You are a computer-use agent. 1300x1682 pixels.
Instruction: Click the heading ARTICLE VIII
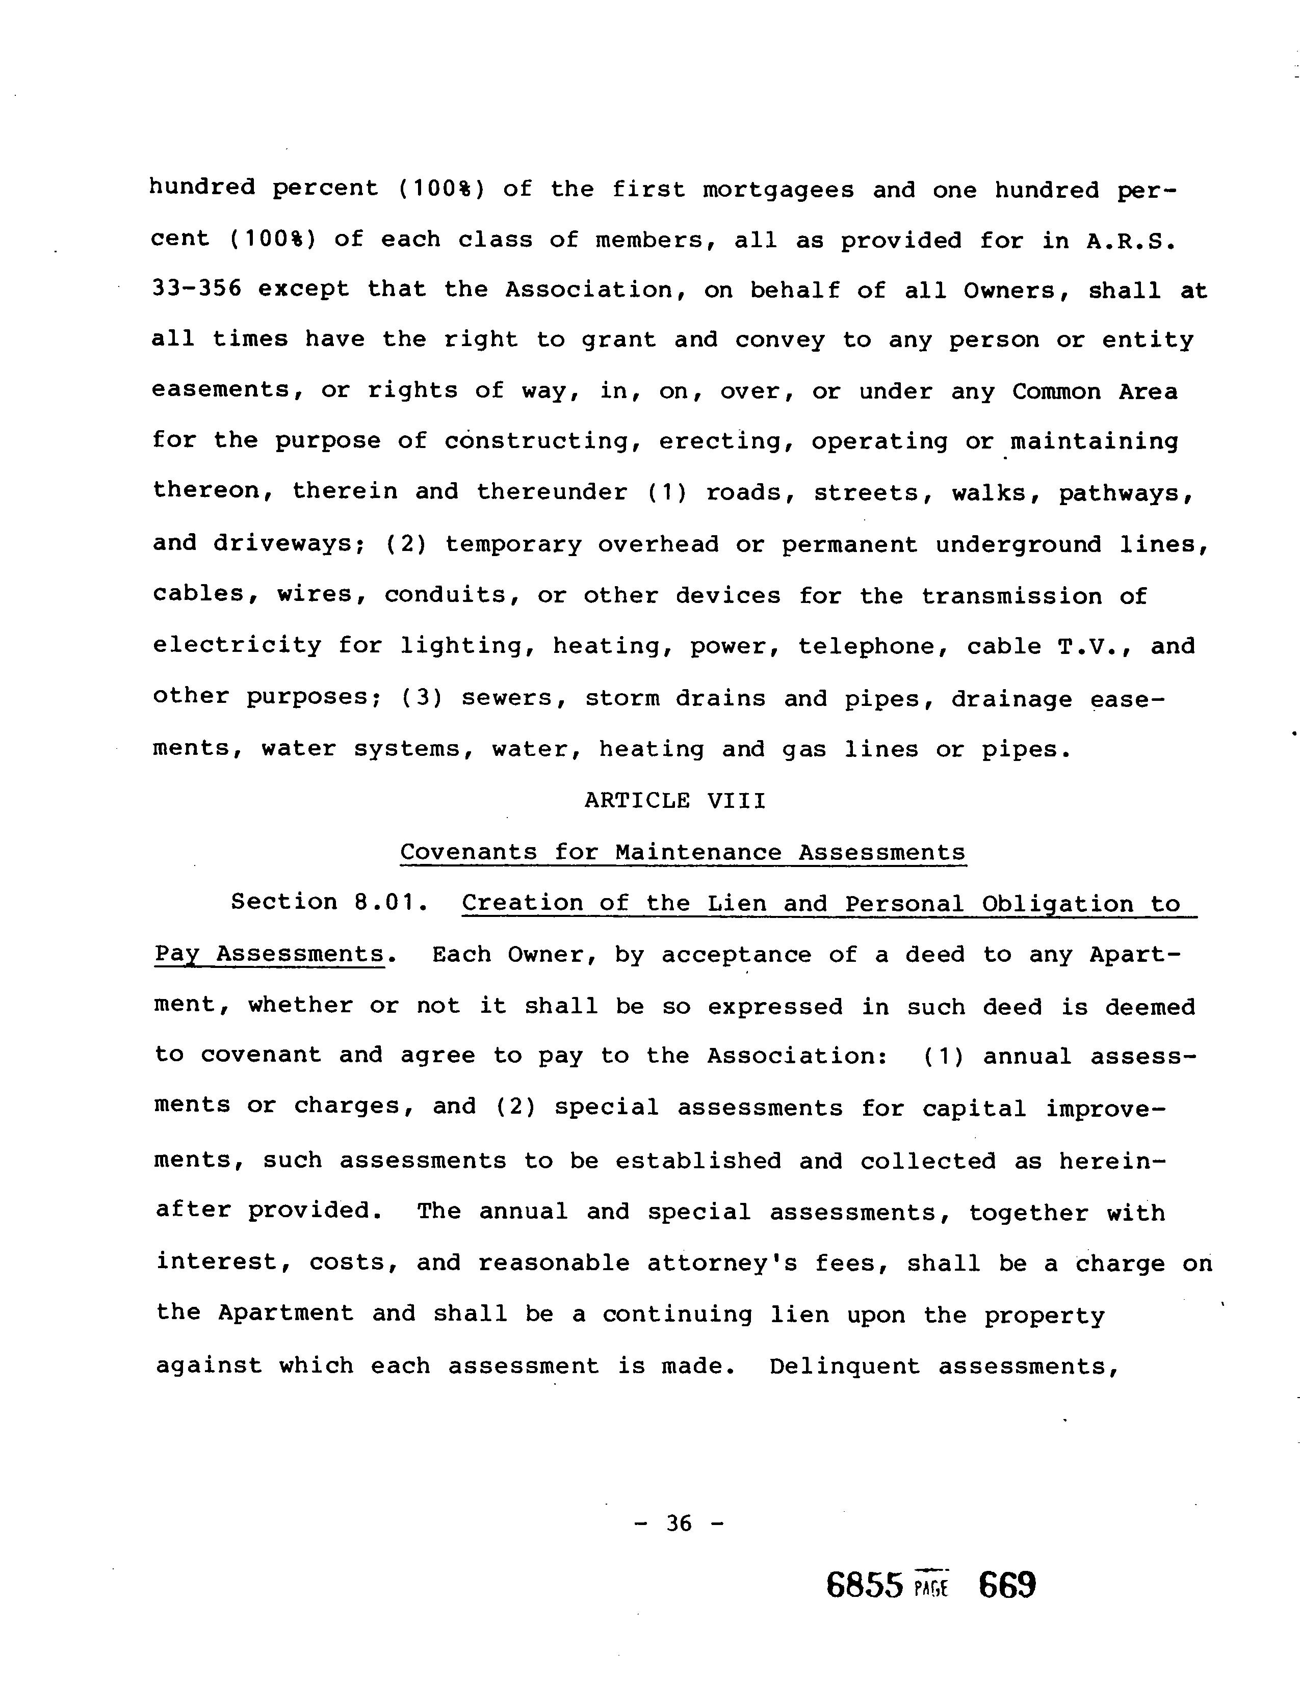[674, 801]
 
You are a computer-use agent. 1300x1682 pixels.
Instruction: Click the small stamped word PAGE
[931, 1588]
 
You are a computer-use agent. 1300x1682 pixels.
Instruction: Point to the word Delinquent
[845, 1366]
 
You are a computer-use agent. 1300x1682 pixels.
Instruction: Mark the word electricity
[237, 645]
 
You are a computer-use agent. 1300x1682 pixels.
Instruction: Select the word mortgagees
[778, 190]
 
